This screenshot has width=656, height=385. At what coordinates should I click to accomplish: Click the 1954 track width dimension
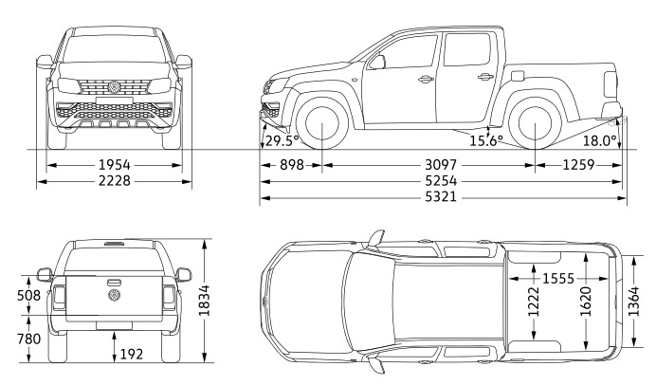[x=114, y=165]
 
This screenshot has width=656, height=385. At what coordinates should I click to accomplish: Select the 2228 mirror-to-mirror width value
[x=114, y=181]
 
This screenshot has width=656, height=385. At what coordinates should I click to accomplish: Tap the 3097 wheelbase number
[x=441, y=165]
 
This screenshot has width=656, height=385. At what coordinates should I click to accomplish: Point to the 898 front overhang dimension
[x=292, y=165]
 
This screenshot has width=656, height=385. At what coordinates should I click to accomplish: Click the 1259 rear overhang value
[x=578, y=165]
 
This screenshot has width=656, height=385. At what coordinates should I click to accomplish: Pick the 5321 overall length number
[x=441, y=196]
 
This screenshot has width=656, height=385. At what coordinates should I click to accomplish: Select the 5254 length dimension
[x=441, y=181]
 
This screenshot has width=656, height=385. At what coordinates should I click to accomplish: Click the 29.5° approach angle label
[x=282, y=141]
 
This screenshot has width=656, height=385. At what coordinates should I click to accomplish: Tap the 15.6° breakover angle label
[x=485, y=141]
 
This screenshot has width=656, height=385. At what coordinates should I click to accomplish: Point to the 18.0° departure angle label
[x=600, y=141]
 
